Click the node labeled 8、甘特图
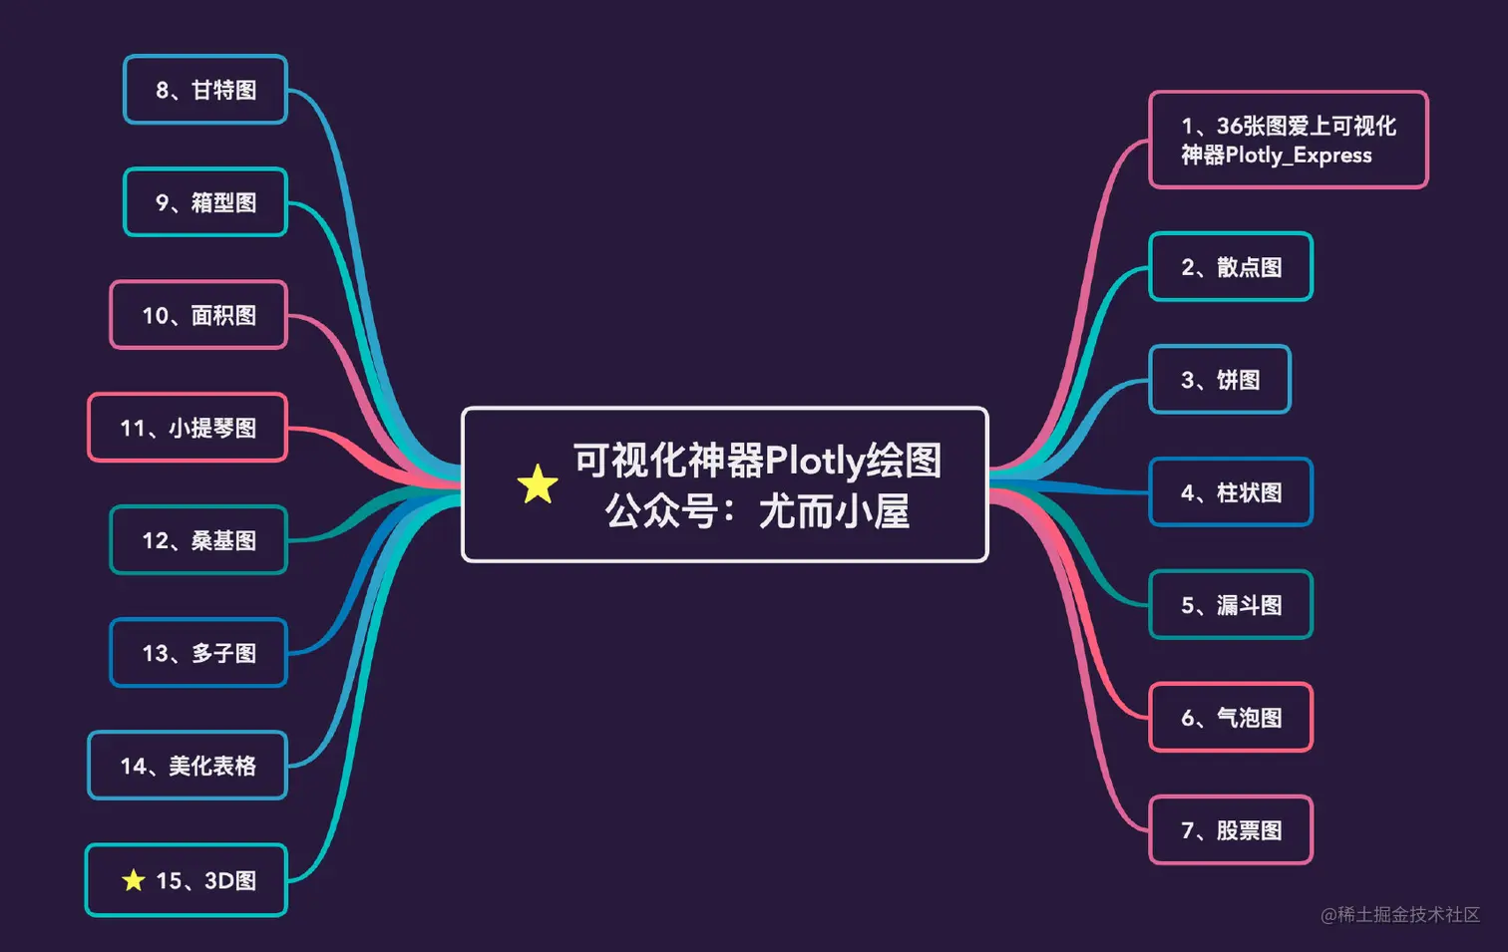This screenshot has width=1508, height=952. [205, 90]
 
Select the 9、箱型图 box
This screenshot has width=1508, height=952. [205, 202]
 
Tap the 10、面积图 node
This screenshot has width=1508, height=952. [198, 315]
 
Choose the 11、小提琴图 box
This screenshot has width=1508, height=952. [188, 428]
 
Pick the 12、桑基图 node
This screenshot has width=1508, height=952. [198, 540]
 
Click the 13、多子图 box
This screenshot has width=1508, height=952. [198, 653]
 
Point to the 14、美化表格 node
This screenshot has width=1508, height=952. [188, 766]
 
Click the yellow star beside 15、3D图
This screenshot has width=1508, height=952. [134, 880]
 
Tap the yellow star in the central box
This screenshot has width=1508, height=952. [538, 484]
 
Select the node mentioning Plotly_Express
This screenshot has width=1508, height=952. [1288, 140]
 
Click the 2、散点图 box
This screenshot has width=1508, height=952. [1231, 266]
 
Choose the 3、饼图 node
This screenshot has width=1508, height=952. [1220, 380]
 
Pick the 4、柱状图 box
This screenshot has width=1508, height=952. [1231, 492]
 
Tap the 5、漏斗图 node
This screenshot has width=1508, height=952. [1231, 605]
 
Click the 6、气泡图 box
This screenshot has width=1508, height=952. [1231, 718]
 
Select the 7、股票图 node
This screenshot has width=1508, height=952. [1231, 830]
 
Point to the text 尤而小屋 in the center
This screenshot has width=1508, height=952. [834, 512]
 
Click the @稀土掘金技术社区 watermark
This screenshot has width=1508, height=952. [1400, 914]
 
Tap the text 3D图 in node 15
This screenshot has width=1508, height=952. [230, 881]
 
